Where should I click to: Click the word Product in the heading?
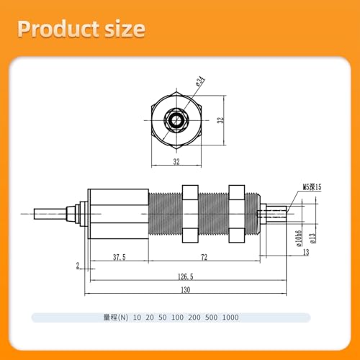(58, 30)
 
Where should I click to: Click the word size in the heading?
(125, 30)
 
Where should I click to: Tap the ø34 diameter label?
(200, 81)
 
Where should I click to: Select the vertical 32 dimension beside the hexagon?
(220, 120)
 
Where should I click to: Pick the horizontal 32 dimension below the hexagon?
(176, 162)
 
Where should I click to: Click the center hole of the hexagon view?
(176, 120)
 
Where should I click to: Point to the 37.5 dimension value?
(120, 257)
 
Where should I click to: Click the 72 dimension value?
(204, 257)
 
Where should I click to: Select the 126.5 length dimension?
(186, 276)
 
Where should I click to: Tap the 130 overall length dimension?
(186, 290)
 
